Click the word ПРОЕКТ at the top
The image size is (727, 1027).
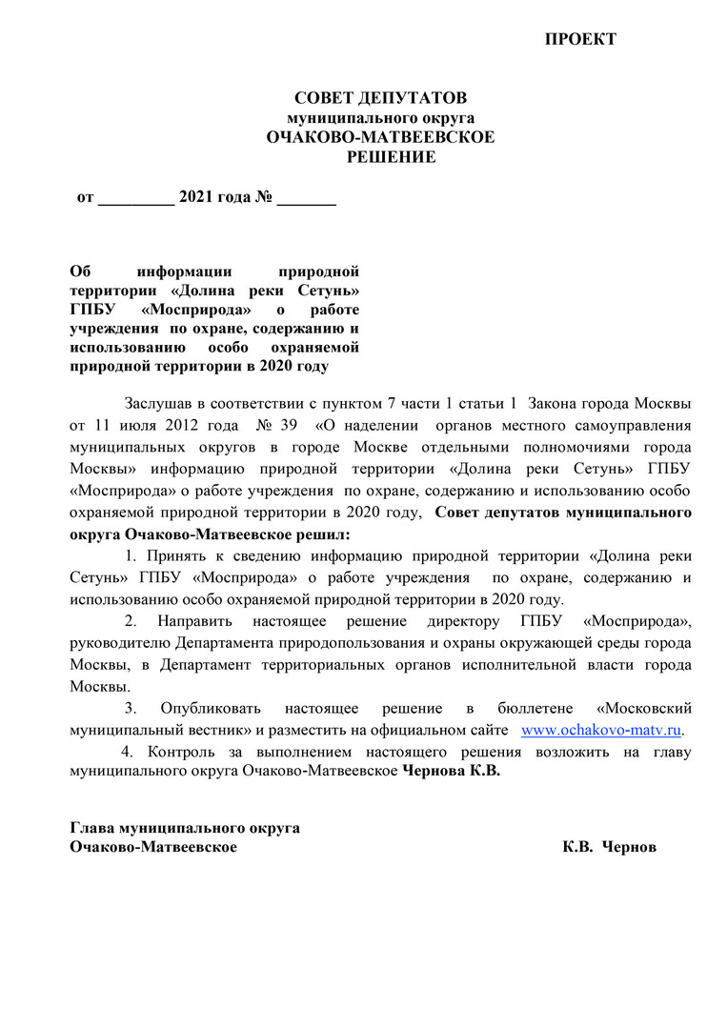tap(580, 39)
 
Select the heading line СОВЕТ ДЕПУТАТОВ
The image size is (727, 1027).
tap(380, 98)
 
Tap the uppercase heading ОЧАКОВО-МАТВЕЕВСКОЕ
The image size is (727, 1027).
tap(380, 137)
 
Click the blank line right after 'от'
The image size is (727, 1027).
tap(136, 201)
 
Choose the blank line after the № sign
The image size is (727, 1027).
tap(306, 201)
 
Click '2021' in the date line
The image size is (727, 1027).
tap(196, 198)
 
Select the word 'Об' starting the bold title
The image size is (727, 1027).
tap(81, 272)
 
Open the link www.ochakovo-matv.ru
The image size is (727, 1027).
tap(602, 730)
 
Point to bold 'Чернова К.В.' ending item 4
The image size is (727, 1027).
tap(452, 773)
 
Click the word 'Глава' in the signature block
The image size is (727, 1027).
tap(91, 827)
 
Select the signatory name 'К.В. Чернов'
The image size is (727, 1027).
tap(609, 847)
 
